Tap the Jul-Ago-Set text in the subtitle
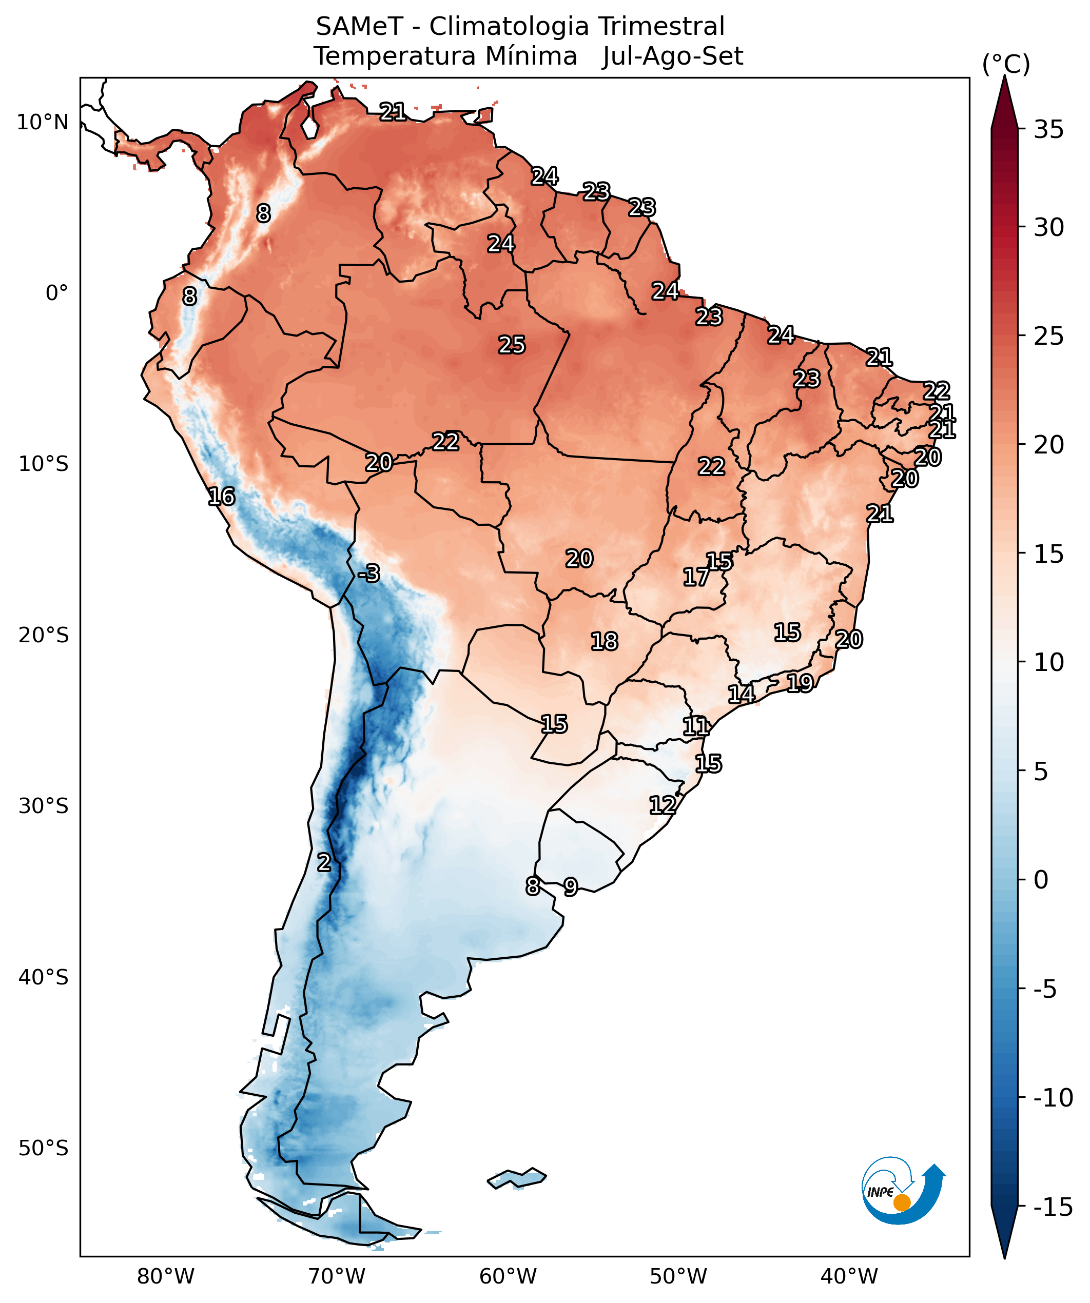672,56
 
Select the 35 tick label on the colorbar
1048,130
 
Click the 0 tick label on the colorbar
1041,880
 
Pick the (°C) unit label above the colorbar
1005,64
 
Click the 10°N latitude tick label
42,122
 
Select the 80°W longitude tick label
166,1277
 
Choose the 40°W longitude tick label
849,1277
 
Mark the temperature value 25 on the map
512,345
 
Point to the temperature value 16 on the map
222,497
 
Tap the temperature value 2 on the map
324,862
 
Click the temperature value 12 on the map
663,805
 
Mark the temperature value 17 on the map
696,577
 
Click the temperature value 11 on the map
695,726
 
